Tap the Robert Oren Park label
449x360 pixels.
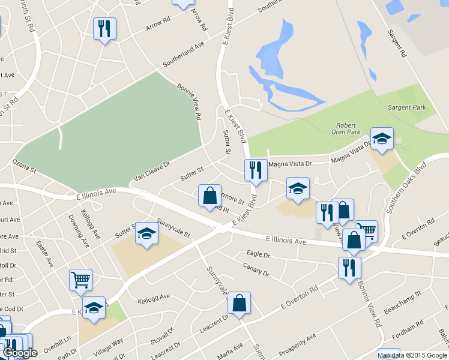tap(348, 127)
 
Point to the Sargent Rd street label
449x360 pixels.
tap(397, 43)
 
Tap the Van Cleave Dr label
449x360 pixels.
tap(152, 171)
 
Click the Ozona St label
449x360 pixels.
tap(25, 163)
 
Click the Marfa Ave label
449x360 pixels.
tap(230, 348)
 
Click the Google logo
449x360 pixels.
tap(20, 353)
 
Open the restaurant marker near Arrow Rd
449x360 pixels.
tap(105, 29)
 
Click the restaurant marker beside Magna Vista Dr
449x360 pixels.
tap(256, 170)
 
